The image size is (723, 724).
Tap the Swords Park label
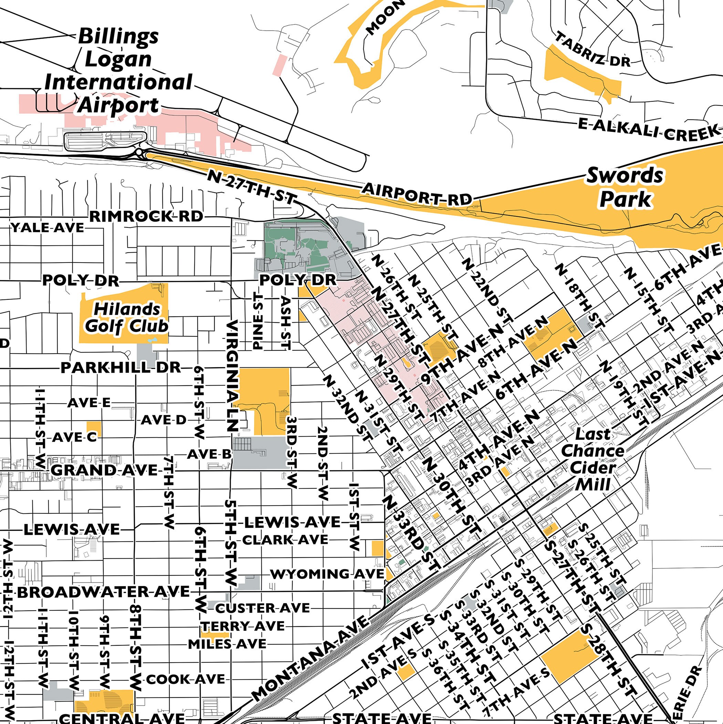coord(625,187)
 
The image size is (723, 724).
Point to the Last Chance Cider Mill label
coord(593,459)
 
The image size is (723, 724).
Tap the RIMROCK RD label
coord(146,216)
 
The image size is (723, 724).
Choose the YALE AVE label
coord(48,227)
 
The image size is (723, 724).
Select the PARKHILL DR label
coord(121,368)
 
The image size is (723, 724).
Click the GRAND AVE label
coord(104,470)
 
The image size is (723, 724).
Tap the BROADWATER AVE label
coord(103,592)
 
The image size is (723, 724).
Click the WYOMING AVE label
coord(327,574)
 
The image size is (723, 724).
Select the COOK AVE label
coord(185,680)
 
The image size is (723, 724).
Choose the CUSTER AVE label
coord(262,608)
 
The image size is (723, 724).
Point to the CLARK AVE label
coord(285,540)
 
